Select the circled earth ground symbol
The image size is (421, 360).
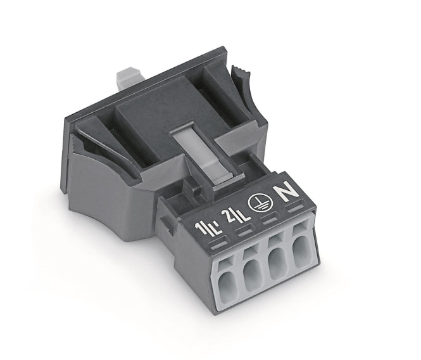coord(260,203)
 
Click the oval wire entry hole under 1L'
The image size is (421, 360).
coord(227,284)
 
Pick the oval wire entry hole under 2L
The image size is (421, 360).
coord(252,275)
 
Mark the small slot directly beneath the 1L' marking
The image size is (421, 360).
coord(220,245)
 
